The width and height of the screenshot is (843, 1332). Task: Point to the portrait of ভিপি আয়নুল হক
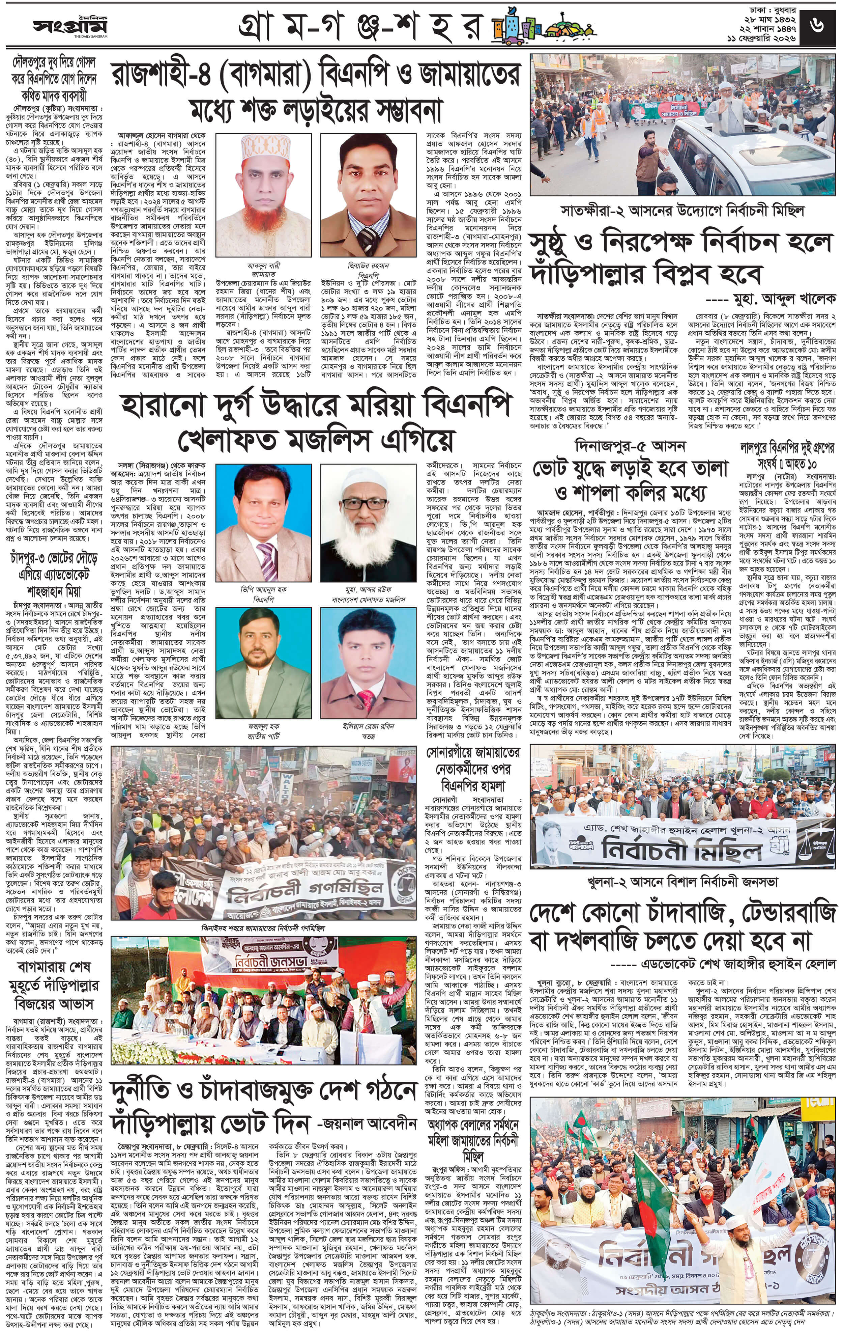pyautogui.click(x=263, y=523)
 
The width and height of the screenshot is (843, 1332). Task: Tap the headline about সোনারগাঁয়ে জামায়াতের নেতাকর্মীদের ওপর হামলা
pyautogui.click(x=473, y=769)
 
